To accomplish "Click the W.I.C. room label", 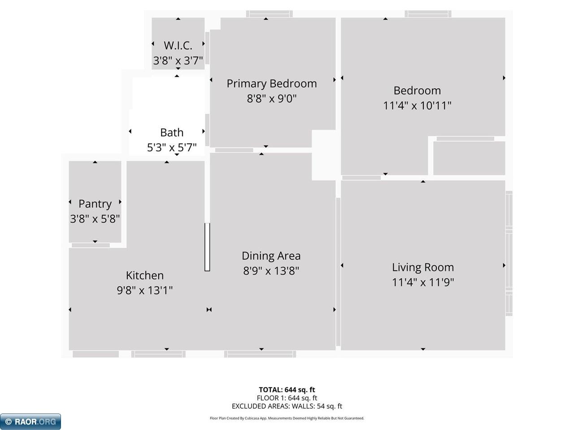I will [178, 45].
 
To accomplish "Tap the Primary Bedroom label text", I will [271, 84].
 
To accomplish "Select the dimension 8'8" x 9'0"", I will [271, 99].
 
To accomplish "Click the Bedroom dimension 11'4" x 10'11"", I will [417, 106].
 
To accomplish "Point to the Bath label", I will [172, 133].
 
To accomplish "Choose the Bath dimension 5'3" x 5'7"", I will [172, 147].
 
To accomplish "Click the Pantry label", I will [95, 204].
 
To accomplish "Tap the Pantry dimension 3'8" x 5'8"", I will [95, 219].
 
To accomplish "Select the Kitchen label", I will [144, 275].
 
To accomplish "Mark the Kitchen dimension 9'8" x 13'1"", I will [144, 290].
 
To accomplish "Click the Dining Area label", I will [271, 256].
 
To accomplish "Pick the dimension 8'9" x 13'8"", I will [271, 271].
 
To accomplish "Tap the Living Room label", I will [422, 267].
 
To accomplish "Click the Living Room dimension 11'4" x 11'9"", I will [422, 282].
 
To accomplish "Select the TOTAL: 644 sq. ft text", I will [287, 390].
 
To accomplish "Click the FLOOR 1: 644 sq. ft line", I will [287, 398].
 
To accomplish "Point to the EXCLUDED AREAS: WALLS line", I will [287, 406].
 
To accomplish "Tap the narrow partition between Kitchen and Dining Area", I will [207, 246].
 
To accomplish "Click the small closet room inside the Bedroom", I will [469, 158].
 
